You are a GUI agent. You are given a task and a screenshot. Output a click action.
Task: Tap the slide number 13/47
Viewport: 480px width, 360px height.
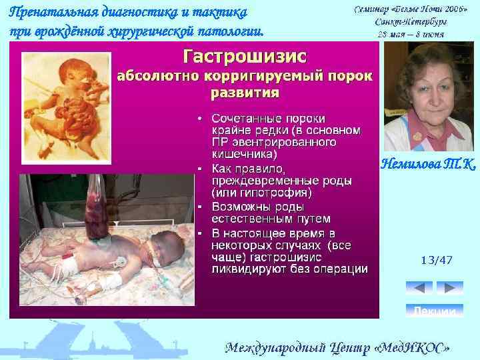click(436, 260)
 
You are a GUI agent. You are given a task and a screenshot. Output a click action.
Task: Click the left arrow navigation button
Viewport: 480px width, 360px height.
click(419, 288)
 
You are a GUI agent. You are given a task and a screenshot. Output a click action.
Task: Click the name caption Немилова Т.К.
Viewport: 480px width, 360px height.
click(428, 163)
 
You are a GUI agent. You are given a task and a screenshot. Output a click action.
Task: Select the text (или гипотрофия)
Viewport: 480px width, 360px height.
click(261, 193)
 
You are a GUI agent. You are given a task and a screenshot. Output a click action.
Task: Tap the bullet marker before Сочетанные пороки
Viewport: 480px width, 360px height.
click(200, 118)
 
